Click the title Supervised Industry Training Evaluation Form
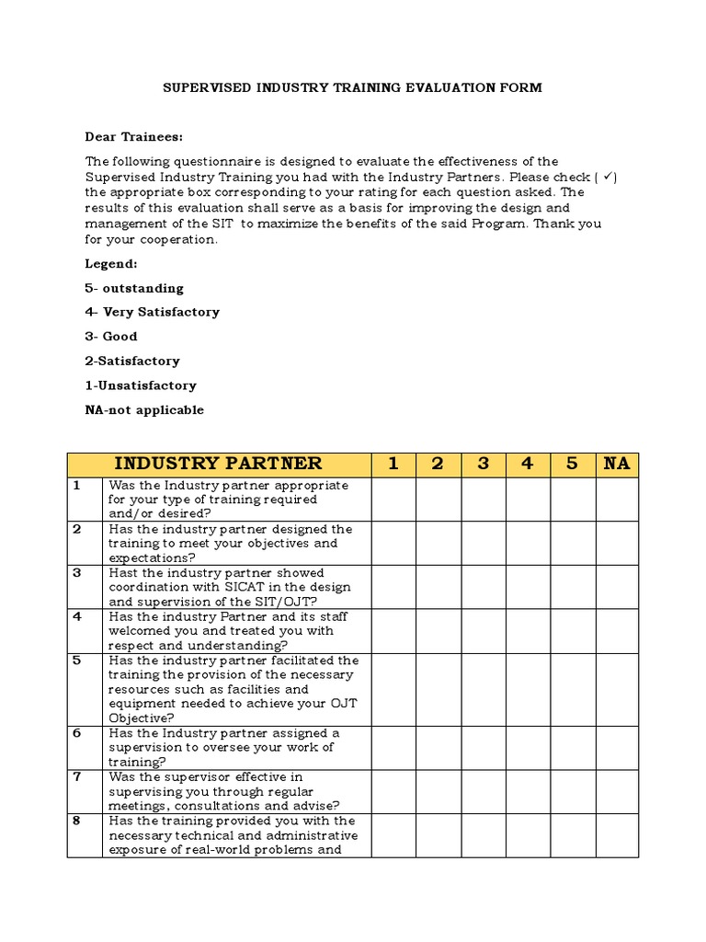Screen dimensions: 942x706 click(352, 88)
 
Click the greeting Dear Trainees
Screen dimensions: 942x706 click(134, 137)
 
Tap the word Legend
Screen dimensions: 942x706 click(111, 264)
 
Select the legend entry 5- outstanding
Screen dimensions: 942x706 click(134, 288)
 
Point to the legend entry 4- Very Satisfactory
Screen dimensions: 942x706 click(153, 312)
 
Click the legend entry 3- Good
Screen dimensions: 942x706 click(111, 337)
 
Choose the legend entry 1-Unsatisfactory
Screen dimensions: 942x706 click(141, 385)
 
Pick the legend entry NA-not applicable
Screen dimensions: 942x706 click(144, 410)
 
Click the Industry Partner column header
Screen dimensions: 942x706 click(218, 464)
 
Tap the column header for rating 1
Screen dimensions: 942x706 click(393, 464)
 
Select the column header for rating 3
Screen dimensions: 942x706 click(483, 464)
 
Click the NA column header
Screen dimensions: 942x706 click(617, 464)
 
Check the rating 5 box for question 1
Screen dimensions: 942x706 click(573, 500)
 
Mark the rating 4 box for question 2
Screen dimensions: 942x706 click(528, 543)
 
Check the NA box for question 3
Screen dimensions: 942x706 click(617, 587)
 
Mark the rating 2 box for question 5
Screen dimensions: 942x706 click(438, 689)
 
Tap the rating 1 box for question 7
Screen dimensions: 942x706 click(393, 791)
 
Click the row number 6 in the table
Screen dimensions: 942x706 click(78, 733)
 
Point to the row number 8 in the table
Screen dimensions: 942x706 click(78, 821)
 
